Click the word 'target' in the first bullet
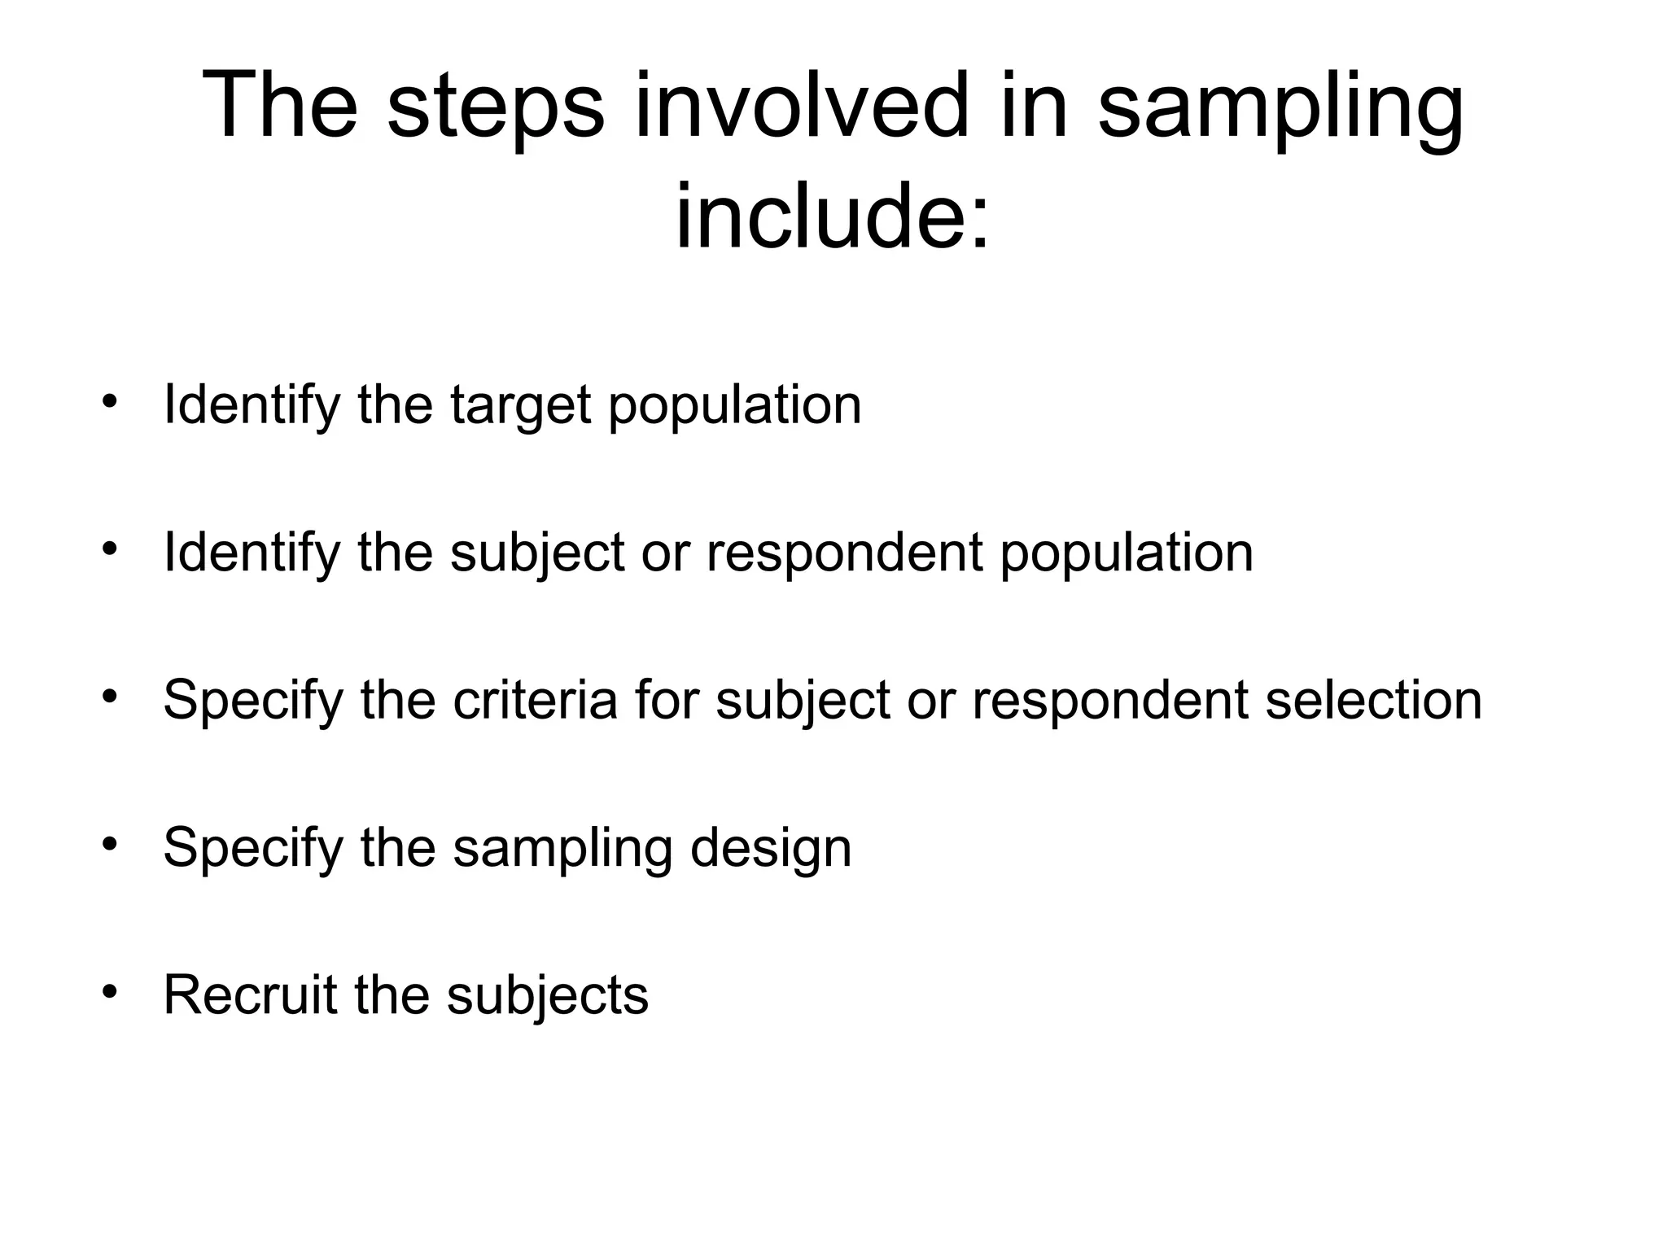pos(520,405)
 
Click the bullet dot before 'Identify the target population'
pos(110,400)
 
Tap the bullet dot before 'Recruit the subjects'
pos(110,990)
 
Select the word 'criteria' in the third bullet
pos(535,700)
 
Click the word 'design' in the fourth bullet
pos(770,848)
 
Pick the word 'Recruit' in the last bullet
pos(250,994)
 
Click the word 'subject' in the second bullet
pos(537,553)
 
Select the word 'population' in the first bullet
pos(734,405)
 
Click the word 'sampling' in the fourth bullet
pos(562,848)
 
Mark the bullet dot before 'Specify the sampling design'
pos(110,843)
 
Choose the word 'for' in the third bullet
pos(667,700)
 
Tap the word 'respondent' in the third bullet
pos(1110,700)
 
